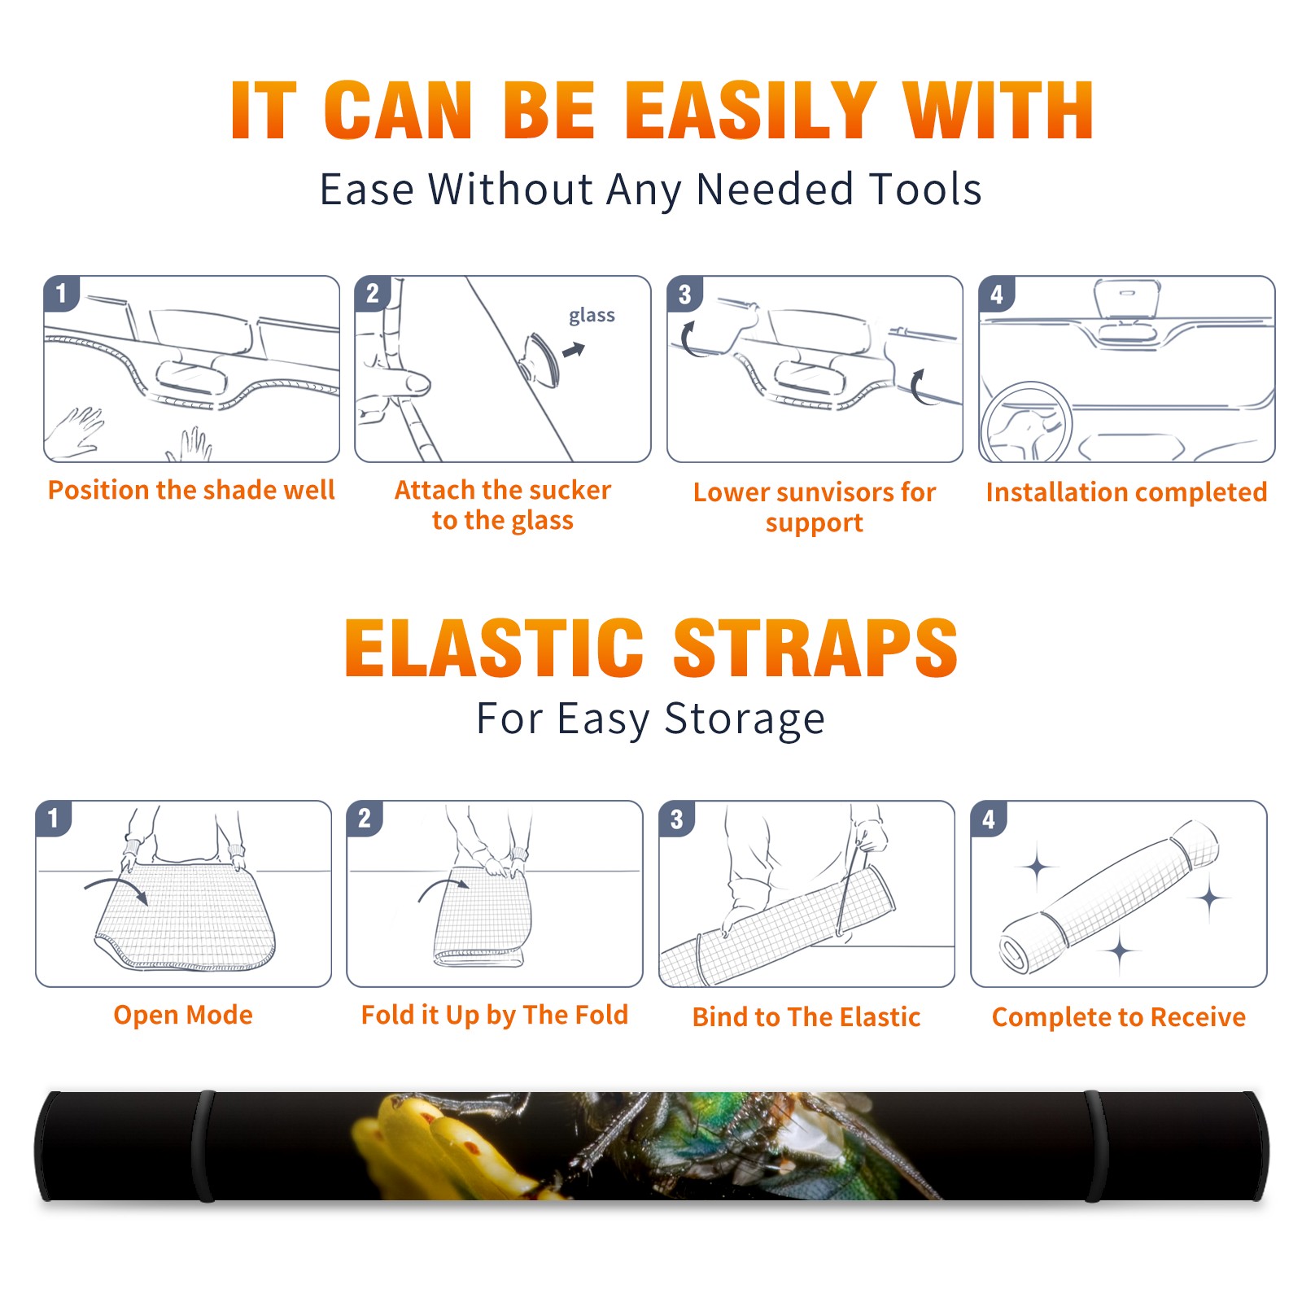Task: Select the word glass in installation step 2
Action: point(592,315)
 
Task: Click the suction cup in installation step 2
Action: point(540,359)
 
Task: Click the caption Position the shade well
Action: point(191,490)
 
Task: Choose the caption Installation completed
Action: point(1126,492)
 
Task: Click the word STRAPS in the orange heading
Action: point(815,648)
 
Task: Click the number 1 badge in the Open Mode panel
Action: point(54,818)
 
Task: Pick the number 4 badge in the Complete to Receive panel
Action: point(989,819)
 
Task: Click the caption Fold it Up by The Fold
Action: point(495,1015)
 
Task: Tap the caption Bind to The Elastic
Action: point(806,1017)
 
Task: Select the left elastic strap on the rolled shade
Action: point(204,1146)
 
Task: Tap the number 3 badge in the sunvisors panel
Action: point(684,294)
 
